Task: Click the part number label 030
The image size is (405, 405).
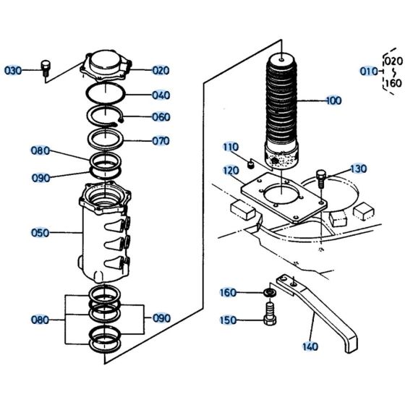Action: pos(13,70)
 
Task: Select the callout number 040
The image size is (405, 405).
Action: pos(161,95)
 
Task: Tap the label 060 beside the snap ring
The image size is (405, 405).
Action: pos(161,117)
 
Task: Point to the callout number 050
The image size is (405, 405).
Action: pos(40,233)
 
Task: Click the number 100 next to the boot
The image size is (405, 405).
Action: pos(332,101)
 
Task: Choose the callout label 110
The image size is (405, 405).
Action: pos(231,147)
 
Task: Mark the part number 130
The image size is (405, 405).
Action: pos(358,169)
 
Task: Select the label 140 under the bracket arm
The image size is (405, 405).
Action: pos(310,346)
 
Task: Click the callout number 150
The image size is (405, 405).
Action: pos(229,319)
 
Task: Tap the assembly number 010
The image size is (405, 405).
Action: pos(369,71)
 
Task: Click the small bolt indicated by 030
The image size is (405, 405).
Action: pos(46,68)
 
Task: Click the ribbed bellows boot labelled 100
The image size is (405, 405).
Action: pos(283,108)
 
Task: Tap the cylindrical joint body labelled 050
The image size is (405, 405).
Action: pos(106,235)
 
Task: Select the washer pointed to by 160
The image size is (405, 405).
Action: pos(268,291)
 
